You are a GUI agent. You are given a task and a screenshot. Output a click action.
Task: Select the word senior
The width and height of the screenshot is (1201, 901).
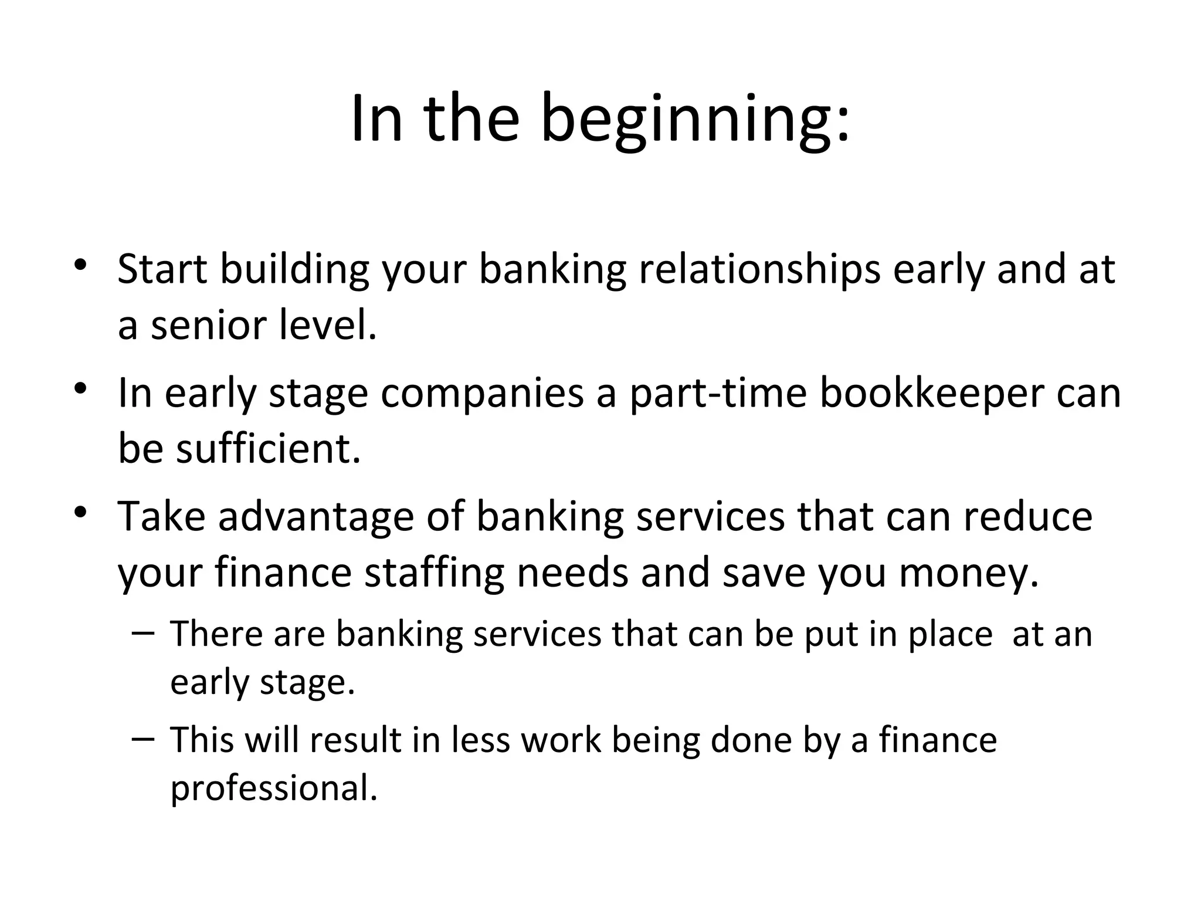coord(209,326)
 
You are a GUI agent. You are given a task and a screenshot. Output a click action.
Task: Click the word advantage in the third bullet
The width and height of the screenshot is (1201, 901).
coord(316,517)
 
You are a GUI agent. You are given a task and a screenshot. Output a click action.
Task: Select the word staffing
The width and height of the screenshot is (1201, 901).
coord(434,573)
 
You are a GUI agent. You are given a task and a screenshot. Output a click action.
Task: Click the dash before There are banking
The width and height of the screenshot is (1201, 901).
coord(143,634)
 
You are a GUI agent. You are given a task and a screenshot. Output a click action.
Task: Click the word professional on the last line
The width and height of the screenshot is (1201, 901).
coord(273,788)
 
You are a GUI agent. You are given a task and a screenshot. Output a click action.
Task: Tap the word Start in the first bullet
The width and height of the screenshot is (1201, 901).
coord(162,270)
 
